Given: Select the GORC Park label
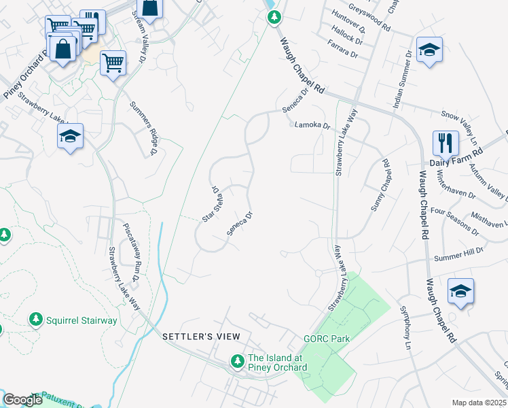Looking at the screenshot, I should click(322, 338).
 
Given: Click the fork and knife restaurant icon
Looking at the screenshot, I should click(446, 143).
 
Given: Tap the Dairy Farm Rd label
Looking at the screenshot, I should click(454, 163).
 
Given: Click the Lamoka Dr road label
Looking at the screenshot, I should click(312, 125).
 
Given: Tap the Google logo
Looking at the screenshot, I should click(22, 401).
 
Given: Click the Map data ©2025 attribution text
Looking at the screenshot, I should click(479, 403).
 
